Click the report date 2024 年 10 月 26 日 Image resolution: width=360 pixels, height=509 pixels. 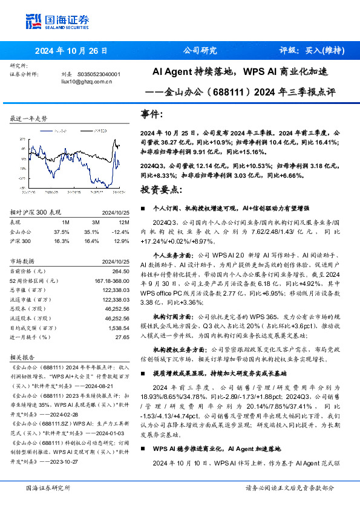(71, 51)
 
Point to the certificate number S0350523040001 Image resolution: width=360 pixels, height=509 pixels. (100, 74)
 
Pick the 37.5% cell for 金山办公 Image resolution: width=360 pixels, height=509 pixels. (62, 232)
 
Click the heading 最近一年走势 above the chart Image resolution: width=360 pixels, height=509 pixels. (28, 118)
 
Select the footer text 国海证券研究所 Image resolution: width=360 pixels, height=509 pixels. (48, 487)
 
